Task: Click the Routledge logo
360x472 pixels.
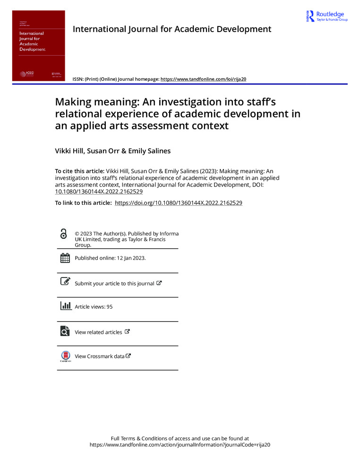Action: tap(327, 16)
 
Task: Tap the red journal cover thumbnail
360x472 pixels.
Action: tap(39, 45)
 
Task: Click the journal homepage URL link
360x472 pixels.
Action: tap(204, 79)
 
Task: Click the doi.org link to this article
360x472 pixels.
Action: tap(179, 202)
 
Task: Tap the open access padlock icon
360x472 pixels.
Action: tap(64, 234)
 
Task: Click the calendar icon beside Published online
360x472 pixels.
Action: tap(65, 258)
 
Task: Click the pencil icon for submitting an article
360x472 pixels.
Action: tap(65, 282)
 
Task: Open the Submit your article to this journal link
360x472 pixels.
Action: tap(114, 283)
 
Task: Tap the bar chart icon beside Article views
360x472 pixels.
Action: tap(65, 305)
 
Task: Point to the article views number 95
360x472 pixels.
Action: tap(110, 307)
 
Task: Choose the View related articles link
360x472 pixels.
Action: tap(98, 332)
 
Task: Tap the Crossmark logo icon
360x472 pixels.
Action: tap(65, 356)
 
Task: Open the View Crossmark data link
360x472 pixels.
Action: tap(100, 356)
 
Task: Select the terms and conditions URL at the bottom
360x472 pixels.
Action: tap(180, 445)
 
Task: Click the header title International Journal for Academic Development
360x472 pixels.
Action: tap(172, 29)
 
